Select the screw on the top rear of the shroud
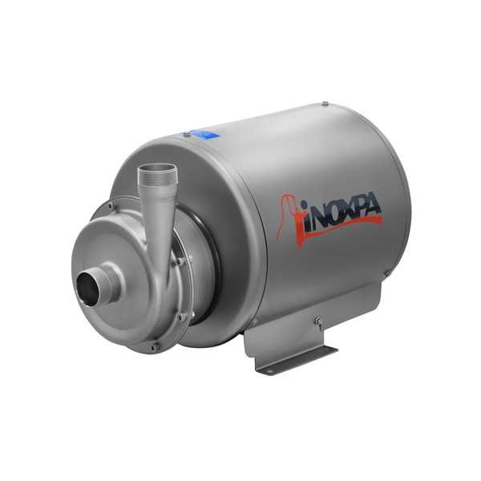tap(325, 103)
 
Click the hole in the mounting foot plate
tap(270, 370)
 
